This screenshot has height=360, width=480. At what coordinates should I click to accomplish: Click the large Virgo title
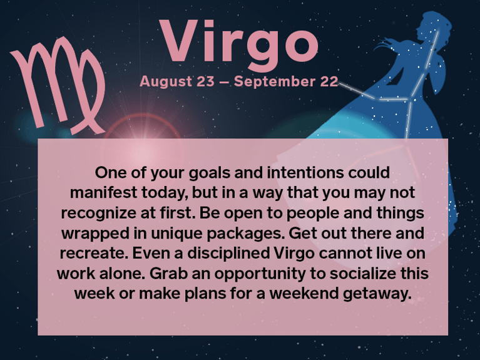pyautogui.click(x=239, y=42)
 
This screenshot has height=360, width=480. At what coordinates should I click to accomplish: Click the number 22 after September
pyautogui.click(x=329, y=81)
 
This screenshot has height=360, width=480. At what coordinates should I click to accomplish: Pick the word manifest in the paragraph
pyautogui.click(x=101, y=192)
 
